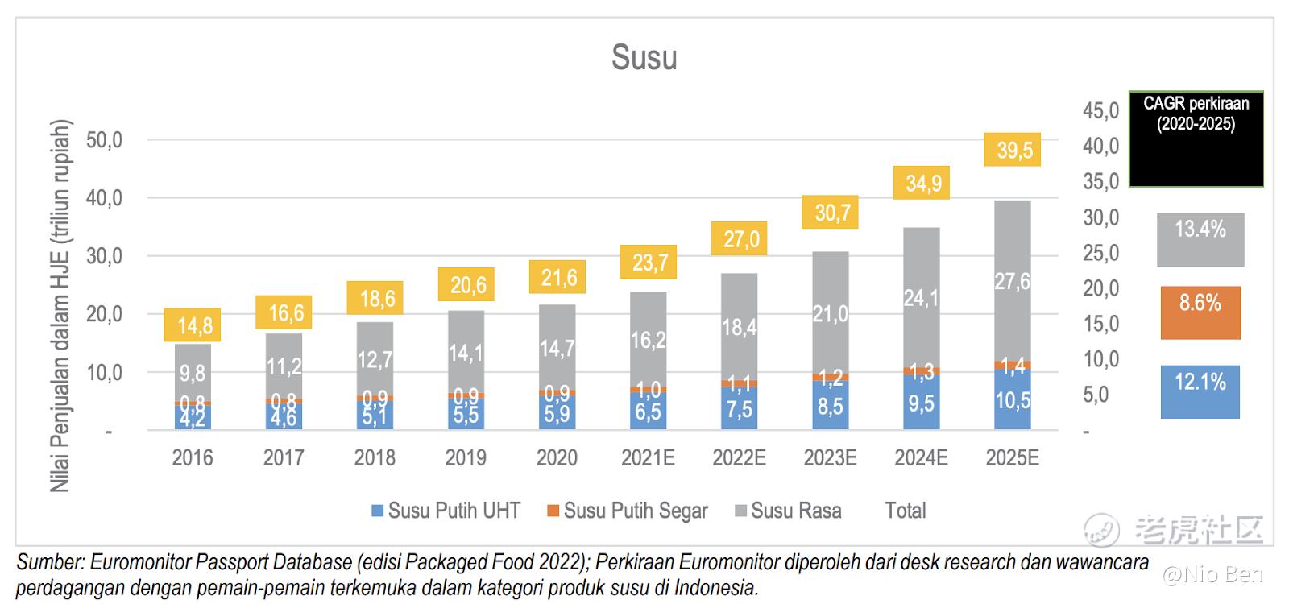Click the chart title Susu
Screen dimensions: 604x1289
point(644,58)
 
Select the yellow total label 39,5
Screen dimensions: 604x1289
point(1013,150)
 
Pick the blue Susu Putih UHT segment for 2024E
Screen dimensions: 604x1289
point(922,402)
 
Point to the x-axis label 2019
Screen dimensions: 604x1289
point(466,458)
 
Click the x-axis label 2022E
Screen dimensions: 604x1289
point(739,458)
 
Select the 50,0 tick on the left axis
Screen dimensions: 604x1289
point(105,140)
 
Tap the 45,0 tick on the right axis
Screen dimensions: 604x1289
point(1100,110)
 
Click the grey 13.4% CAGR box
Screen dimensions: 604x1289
point(1200,239)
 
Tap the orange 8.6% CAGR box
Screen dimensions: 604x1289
point(1200,312)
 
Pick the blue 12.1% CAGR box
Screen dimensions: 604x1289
point(1200,391)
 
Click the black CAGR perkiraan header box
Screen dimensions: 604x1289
point(1196,139)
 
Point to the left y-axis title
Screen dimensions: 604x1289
point(61,306)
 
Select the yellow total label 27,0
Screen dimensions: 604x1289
point(740,239)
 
